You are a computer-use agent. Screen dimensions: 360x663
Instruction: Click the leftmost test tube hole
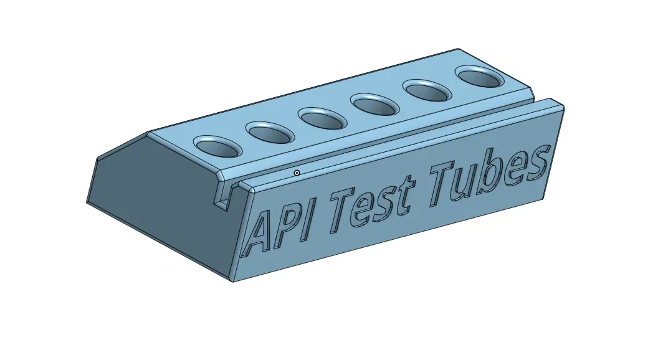[x=217, y=146]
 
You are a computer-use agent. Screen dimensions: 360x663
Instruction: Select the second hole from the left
[x=270, y=132]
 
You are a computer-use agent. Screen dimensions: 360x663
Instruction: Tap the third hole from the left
[x=322, y=118]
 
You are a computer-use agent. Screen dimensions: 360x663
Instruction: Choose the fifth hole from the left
[x=428, y=91]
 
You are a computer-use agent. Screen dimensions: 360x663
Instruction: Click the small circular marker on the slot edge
[x=297, y=173]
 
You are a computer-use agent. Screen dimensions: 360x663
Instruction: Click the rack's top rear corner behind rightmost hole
[x=459, y=49]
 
